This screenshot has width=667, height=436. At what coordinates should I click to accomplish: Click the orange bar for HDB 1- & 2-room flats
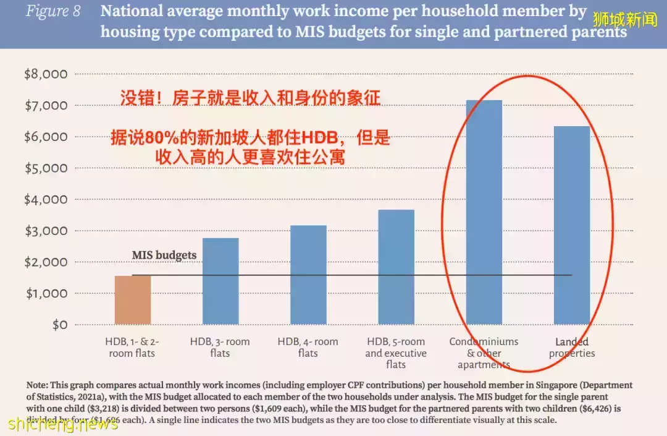tap(133, 300)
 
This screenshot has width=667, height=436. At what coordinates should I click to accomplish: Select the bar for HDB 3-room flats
tap(220, 281)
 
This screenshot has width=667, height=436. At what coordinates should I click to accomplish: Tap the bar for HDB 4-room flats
tap(308, 275)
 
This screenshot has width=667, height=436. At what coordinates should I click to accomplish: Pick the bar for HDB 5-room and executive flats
tap(396, 267)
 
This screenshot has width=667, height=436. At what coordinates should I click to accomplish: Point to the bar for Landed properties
tap(572, 225)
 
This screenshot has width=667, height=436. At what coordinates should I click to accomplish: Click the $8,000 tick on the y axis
tap(46, 74)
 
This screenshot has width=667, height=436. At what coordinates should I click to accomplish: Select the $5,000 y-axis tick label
tap(46, 168)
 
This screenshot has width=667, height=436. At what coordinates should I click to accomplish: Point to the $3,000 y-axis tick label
tap(46, 231)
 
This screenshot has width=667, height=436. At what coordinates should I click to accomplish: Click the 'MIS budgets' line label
tap(164, 255)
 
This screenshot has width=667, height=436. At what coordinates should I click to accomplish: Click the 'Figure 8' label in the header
tap(53, 12)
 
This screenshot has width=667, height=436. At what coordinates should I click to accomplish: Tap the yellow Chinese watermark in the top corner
tap(626, 19)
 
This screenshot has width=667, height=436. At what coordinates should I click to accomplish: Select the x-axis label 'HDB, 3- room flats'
tap(220, 348)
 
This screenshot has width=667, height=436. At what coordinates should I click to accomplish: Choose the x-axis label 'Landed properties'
tap(572, 348)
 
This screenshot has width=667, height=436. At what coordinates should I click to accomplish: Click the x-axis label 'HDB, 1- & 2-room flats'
tap(133, 348)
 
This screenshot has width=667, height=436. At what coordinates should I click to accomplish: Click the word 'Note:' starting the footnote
tap(39, 385)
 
